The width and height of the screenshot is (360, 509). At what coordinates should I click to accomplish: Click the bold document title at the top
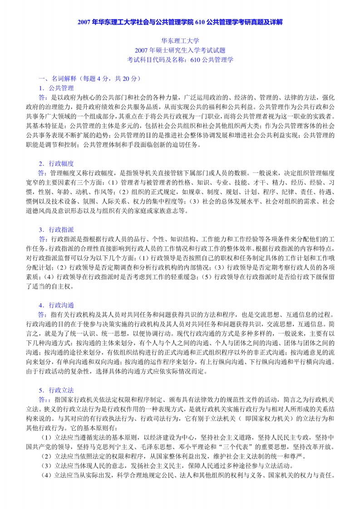(x=180, y=22)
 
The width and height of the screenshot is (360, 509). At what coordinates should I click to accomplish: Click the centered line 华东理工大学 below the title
(x=180, y=41)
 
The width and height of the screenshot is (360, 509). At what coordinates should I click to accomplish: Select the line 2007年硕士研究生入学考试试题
(x=180, y=50)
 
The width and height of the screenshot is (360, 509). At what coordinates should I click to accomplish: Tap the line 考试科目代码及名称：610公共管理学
(x=180, y=60)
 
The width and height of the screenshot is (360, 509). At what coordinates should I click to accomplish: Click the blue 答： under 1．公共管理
(x=43, y=98)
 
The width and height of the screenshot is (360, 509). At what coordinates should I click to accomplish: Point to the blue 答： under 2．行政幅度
(x=43, y=173)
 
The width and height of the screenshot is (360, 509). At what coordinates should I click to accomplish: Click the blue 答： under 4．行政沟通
(x=43, y=314)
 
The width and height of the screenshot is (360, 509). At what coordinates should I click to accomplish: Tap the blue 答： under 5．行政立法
(x=44, y=399)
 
